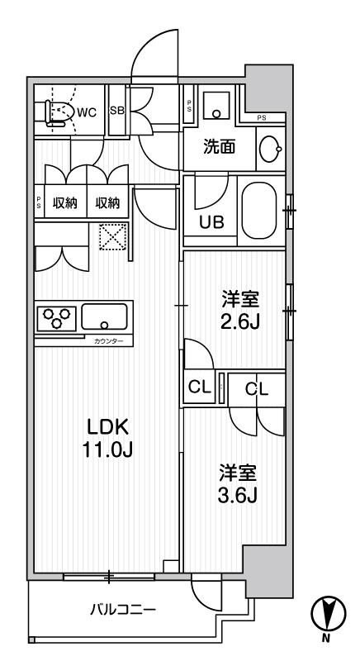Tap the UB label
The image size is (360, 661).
[211, 221]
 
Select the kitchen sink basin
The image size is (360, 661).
[105, 316]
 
